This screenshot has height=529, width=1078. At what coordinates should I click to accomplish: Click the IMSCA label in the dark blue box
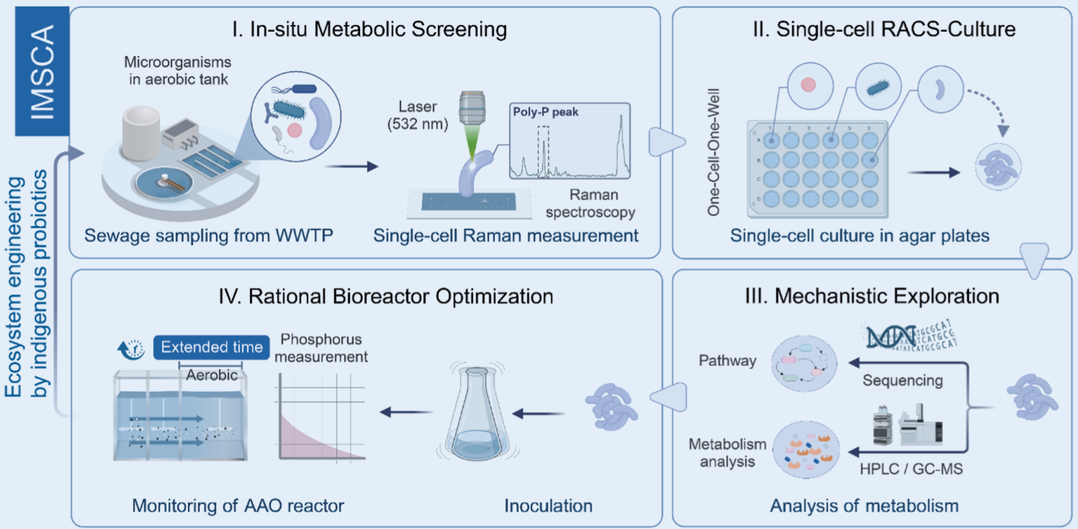click(x=42, y=72)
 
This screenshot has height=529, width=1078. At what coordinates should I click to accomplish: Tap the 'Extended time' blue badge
click(x=212, y=347)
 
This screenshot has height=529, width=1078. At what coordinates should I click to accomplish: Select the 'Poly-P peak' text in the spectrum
click(x=546, y=112)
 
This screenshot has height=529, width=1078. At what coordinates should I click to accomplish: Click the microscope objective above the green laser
click(x=472, y=108)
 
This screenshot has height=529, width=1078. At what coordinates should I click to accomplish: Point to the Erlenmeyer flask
click(x=477, y=416)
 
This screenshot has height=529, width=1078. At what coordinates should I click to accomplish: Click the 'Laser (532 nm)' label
click(x=417, y=115)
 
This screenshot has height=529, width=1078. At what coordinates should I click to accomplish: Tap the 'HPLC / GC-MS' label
click(x=911, y=469)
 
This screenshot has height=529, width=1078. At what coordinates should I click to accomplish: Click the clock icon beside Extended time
click(x=132, y=349)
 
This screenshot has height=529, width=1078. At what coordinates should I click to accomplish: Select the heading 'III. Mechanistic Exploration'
click(x=872, y=297)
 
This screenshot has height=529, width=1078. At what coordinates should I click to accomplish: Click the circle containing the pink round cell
click(x=808, y=85)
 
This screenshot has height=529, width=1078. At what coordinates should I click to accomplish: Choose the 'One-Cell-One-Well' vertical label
click(x=713, y=152)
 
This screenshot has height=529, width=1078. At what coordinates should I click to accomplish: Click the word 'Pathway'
click(x=727, y=360)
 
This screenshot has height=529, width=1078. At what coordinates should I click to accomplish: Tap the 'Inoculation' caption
click(x=548, y=506)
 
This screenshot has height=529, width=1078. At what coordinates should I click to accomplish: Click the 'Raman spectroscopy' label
click(x=590, y=204)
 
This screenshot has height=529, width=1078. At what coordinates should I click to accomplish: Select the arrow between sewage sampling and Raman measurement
click(x=352, y=167)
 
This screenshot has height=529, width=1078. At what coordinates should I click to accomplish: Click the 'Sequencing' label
click(x=902, y=381)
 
